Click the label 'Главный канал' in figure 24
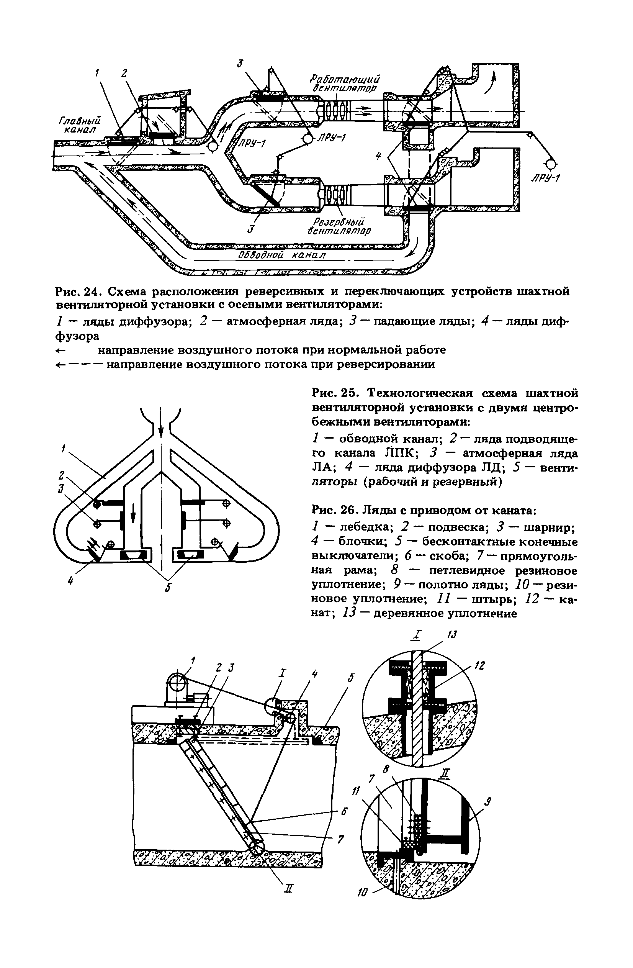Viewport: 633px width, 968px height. click(x=80, y=125)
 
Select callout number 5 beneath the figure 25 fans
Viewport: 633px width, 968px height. click(x=167, y=588)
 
